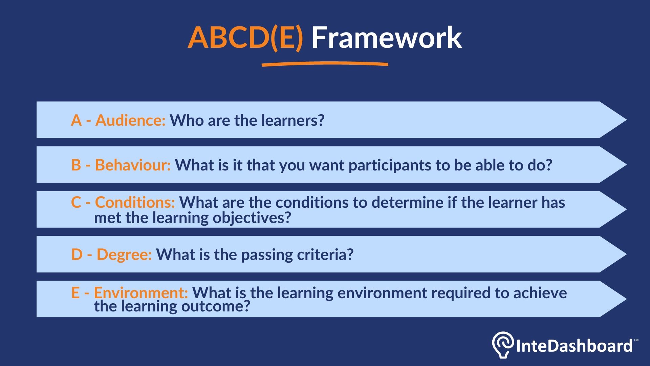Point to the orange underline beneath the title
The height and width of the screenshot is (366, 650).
point(325,64)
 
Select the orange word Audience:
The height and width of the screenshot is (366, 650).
point(130,120)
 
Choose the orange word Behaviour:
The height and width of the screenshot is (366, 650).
point(133,165)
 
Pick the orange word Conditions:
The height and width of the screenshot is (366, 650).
point(135,202)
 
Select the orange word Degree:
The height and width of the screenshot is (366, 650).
point(124,255)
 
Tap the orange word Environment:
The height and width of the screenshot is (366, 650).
point(141,292)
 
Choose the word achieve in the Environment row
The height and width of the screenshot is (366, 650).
point(540,293)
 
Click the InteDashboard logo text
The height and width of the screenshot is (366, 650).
point(574,346)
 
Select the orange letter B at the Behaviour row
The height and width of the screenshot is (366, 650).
point(76,165)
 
